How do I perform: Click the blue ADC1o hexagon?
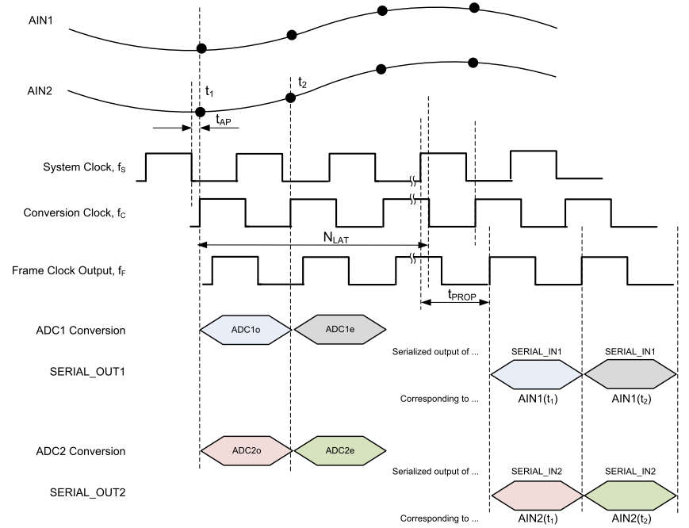pos(245,328)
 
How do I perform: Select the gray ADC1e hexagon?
pos(339,328)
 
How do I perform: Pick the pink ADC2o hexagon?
pos(245,450)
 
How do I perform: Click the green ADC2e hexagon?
pos(339,450)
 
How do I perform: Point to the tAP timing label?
pos(224,119)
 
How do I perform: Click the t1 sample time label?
pos(209,92)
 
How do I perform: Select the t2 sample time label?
pos(302,82)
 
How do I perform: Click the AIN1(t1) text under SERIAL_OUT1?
pos(537,399)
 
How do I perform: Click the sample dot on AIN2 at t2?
pos(290,98)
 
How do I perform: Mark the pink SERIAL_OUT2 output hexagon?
pos(537,492)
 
